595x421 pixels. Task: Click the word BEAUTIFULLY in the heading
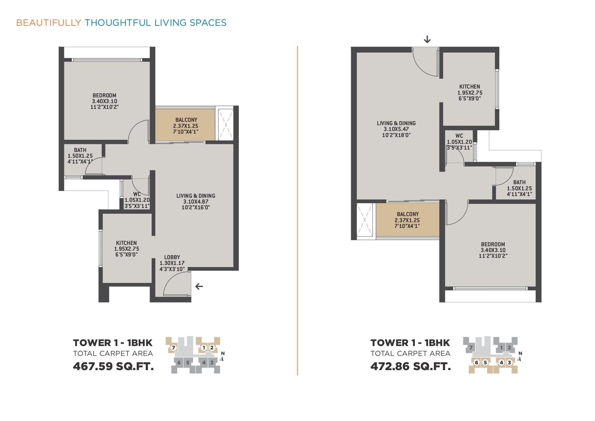tap(49, 23)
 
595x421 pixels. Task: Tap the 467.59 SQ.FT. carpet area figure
tap(113, 366)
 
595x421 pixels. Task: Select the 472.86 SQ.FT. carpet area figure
tap(411, 366)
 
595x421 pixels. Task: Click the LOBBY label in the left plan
tap(172, 257)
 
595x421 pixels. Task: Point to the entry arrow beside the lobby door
tap(199, 286)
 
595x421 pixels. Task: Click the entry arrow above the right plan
tap(427, 39)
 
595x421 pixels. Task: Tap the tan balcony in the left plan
tap(185, 125)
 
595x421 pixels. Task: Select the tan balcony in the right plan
tap(408, 220)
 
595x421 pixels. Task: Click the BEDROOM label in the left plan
tap(104, 96)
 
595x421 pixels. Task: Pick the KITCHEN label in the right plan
tap(469, 87)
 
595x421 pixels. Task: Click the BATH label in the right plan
tap(519, 182)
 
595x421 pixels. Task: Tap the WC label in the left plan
tap(137, 194)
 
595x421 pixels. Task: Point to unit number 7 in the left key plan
tap(173, 347)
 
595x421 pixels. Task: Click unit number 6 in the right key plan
tap(477, 362)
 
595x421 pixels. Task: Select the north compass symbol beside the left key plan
tap(222, 357)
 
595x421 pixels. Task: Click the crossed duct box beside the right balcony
tap(365, 220)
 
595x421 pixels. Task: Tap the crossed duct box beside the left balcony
tap(226, 125)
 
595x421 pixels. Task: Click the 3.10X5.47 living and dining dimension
tap(396, 129)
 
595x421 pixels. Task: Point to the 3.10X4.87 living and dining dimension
tap(196, 202)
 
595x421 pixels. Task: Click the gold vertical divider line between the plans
tap(297, 211)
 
